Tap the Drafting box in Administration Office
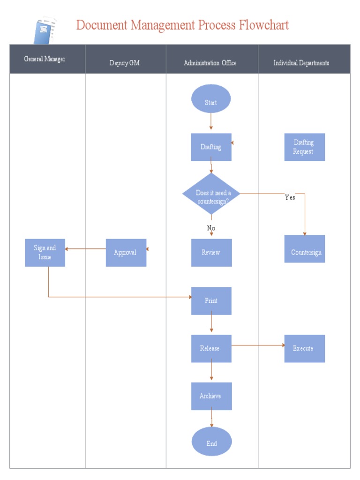coord(211,147)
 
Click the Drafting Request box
coord(304,147)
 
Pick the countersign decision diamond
coord(211,194)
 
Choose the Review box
coord(211,253)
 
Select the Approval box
coord(126,253)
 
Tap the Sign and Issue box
coord(45,253)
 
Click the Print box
coord(211,301)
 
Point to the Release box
coord(211,348)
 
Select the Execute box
coord(304,348)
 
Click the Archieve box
coord(211,396)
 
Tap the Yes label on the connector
coord(290,198)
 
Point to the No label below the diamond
coord(211,228)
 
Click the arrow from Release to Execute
coord(258,345)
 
